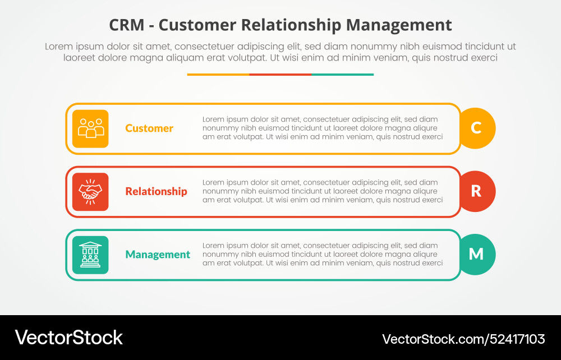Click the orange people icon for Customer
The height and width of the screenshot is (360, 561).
pyautogui.click(x=90, y=128)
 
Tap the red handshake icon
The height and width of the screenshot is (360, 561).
pyautogui.click(x=90, y=192)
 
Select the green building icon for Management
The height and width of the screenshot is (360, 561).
pyautogui.click(x=90, y=255)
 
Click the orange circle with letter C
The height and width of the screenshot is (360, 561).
pyautogui.click(x=476, y=128)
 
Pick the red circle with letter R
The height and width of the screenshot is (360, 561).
pyautogui.click(x=476, y=191)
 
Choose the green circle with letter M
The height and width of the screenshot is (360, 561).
pyautogui.click(x=476, y=255)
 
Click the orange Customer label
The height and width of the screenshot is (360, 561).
pyautogui.click(x=149, y=128)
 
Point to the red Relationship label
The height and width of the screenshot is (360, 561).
pyautogui.click(x=156, y=191)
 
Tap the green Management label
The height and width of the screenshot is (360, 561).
pyautogui.click(x=158, y=255)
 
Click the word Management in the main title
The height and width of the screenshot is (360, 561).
pyautogui.click(x=399, y=25)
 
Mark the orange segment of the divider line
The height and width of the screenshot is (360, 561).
pyautogui.click(x=218, y=74)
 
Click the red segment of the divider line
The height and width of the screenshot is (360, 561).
pyautogui.click(x=280, y=74)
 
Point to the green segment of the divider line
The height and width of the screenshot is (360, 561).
pyautogui.click(x=342, y=74)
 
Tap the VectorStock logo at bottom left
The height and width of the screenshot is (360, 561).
pyautogui.click(x=68, y=338)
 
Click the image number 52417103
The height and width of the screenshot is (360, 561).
pyautogui.click(x=516, y=339)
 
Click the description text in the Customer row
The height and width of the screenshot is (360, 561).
pyautogui.click(x=323, y=128)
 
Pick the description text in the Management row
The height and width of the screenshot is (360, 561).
pyautogui.click(x=323, y=255)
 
